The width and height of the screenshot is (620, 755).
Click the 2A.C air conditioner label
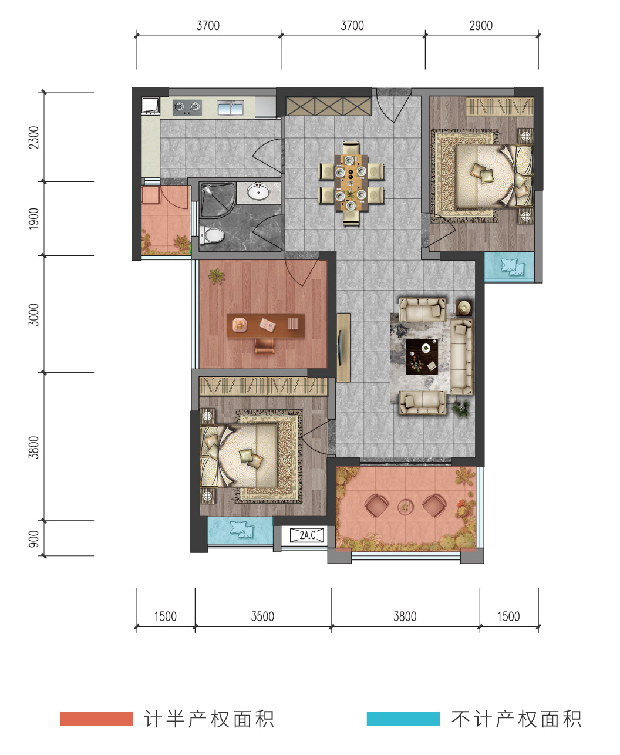coord(308,535)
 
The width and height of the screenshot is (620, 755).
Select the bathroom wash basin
coord(258,192)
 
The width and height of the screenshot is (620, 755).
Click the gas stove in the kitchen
coord(187,107)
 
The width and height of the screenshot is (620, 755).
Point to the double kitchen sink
coord(230,108)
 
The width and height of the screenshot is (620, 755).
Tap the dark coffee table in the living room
coord(422,356)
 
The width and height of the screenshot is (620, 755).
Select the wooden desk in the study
coord(265,325)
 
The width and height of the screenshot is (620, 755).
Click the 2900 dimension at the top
coord(481,26)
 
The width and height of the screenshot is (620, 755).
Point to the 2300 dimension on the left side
coord(33,137)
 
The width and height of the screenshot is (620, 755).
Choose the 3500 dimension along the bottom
coord(262,616)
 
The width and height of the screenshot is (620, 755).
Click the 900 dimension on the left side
coord(33,539)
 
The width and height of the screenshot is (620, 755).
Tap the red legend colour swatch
coord(96,719)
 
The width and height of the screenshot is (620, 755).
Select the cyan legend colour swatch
coord(403,719)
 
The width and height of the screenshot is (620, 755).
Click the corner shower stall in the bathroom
coord(217,200)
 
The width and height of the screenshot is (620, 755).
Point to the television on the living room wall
coord(339,347)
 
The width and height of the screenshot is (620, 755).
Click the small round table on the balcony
coord(405,507)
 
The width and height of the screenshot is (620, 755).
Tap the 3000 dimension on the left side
coord(33,315)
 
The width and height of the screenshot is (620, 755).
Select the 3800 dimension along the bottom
coord(405,616)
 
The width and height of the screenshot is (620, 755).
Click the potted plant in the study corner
coord(216,276)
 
